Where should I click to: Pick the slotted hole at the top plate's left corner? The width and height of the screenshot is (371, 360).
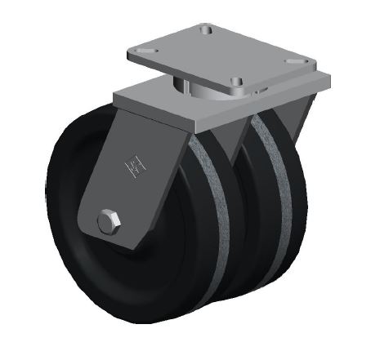point(146,52)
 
